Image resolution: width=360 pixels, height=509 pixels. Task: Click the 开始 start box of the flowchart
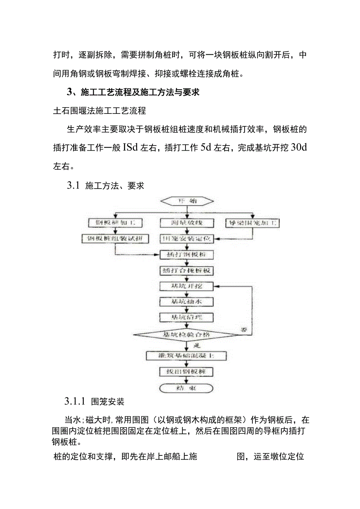click(187, 201)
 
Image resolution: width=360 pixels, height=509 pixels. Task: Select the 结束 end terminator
click(187, 388)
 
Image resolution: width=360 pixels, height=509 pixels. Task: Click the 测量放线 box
click(187, 223)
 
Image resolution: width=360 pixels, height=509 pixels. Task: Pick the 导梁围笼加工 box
click(252, 223)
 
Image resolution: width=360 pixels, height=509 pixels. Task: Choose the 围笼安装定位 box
click(187, 239)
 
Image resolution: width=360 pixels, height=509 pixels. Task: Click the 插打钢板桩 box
click(187, 255)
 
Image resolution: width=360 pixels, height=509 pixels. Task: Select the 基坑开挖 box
click(187, 286)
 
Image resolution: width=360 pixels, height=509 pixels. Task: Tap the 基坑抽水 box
click(187, 302)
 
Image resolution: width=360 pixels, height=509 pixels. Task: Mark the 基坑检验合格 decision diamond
click(186, 335)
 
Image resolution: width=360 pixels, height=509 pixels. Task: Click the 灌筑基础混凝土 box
click(186, 356)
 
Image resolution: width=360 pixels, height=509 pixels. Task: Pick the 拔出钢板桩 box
click(187, 372)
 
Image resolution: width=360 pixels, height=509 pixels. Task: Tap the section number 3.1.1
click(75, 401)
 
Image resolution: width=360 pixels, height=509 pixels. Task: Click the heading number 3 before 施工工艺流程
click(70, 92)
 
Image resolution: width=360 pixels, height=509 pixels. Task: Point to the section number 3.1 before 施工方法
click(73, 185)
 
